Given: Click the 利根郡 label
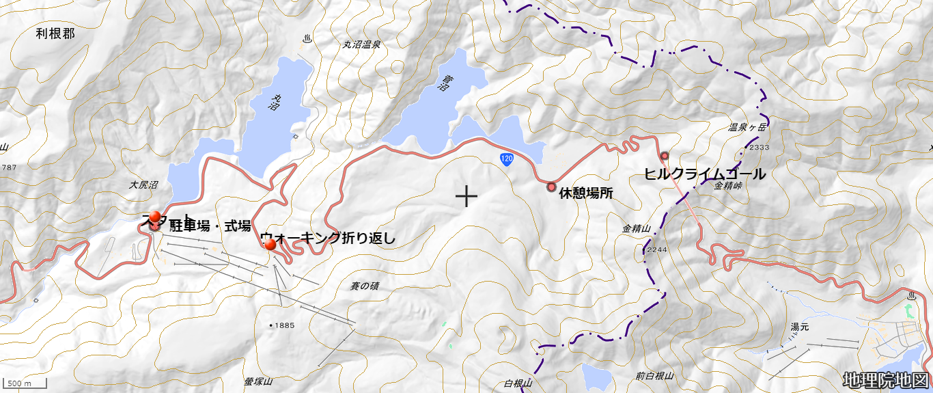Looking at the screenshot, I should tap(55, 33).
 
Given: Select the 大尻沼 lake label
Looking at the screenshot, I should tap(143, 185).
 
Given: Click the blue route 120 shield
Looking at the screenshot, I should tap(505, 159).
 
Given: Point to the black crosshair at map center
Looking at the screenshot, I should tap(466, 197).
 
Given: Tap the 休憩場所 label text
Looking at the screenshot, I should tap(586, 193).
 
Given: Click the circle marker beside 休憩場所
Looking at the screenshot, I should tap(552, 187).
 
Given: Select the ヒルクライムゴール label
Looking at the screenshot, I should tap(705, 174).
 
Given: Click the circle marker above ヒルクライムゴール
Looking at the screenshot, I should tap(664, 156).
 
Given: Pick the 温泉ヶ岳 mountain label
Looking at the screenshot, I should tap(744, 127).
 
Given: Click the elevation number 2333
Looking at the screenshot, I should tap(759, 147).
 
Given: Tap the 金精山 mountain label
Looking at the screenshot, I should tap(636, 229).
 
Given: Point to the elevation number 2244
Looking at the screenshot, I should tap(656, 249).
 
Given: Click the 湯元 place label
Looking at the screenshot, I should tap(799, 327).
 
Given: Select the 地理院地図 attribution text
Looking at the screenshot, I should tap(886, 380).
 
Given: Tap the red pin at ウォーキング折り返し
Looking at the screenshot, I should tap(269, 244).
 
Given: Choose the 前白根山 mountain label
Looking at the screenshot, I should tap(654, 375).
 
